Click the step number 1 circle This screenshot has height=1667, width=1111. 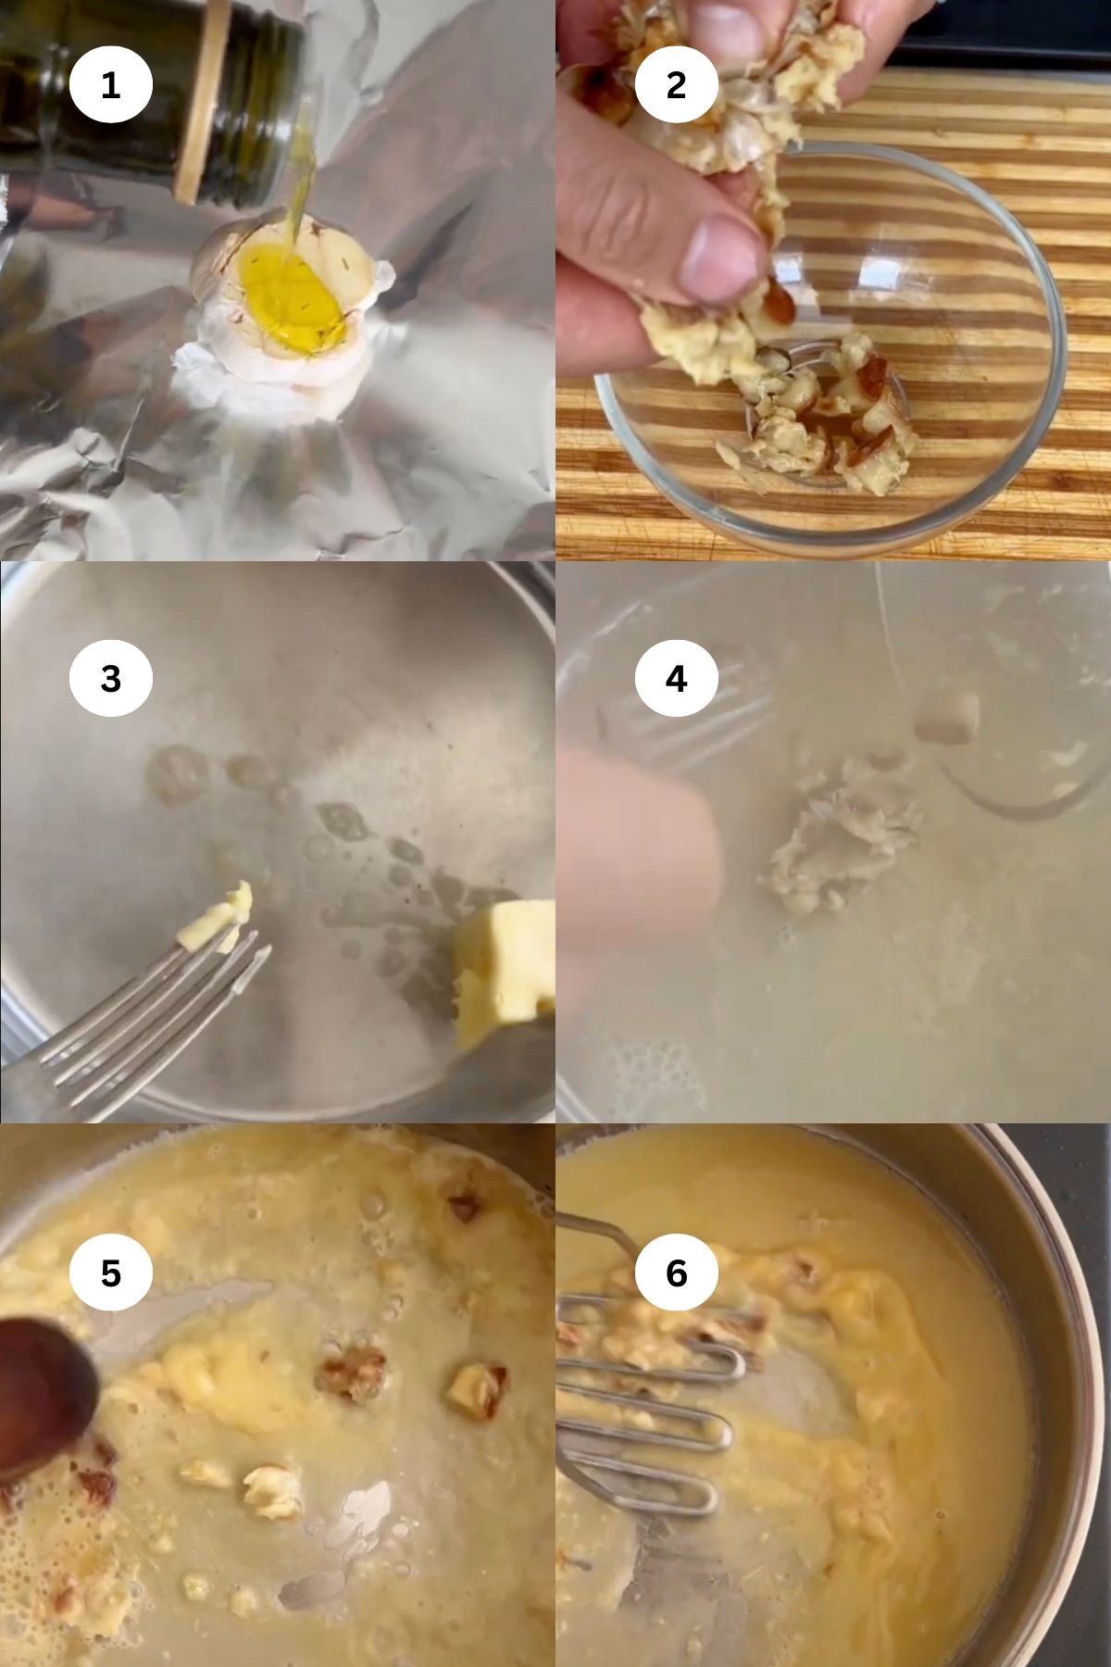110,85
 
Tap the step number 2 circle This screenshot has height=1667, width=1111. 676,85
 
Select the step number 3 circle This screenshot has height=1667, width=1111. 110,679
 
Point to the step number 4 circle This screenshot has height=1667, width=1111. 676,679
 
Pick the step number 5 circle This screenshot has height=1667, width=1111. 110,1273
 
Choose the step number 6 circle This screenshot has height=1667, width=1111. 676,1273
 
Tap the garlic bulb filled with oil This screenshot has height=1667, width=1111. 287,296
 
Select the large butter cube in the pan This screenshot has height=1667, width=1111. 505,972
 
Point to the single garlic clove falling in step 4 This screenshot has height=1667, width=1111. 946,716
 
